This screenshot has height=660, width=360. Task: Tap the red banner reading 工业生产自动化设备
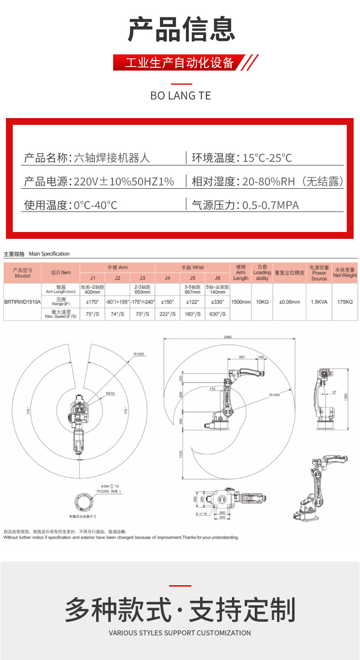tap(180, 62)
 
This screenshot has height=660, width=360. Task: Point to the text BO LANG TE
tap(180, 96)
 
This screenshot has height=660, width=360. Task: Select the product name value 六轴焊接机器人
tap(112, 158)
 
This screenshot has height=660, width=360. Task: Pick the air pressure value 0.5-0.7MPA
tap(270, 205)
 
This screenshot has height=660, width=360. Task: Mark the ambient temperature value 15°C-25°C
tap(267, 158)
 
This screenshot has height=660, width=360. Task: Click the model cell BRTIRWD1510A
tap(22, 302)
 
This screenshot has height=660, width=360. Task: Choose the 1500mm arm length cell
tap(240, 302)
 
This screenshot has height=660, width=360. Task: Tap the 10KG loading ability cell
tap(262, 302)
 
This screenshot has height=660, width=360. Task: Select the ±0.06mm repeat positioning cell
tap(289, 302)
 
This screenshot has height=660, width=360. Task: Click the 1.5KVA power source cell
tap(319, 302)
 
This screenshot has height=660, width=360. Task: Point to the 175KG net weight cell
tap(345, 302)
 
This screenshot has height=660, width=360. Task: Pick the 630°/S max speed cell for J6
tap(217, 314)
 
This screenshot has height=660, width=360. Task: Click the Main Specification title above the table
tap(49, 254)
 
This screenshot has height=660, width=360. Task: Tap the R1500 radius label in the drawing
tap(139, 354)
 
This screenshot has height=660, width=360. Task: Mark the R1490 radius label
tap(274, 395)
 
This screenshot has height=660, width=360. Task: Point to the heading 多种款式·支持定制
tap(180, 610)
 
